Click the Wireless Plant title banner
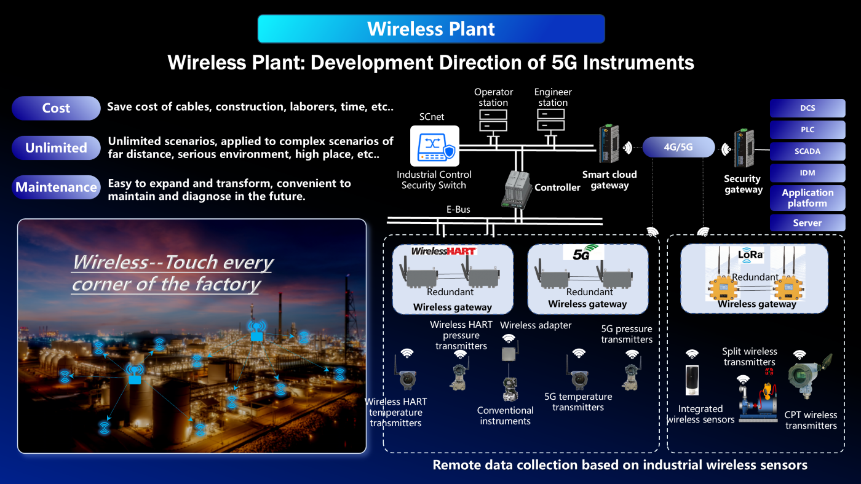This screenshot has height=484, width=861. (x=431, y=29)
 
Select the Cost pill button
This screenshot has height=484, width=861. (x=56, y=108)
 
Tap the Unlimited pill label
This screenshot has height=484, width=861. (x=56, y=148)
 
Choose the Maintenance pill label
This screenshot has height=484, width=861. (x=56, y=187)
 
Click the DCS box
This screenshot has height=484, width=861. (x=807, y=108)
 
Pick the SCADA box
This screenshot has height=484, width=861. (x=807, y=151)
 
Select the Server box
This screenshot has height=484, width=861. (x=807, y=223)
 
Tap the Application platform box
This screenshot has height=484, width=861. (x=807, y=198)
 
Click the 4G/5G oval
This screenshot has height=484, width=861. (x=678, y=147)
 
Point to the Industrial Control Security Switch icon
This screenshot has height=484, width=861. (x=435, y=146)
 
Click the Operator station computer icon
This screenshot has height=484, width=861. (x=493, y=125)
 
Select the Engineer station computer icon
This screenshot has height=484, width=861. (x=551, y=125)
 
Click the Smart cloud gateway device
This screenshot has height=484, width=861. (x=609, y=144)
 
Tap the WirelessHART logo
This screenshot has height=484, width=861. (x=444, y=252)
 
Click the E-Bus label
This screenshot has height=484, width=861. (x=458, y=210)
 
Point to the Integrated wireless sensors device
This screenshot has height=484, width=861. (x=692, y=380)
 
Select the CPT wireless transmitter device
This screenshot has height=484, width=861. (x=809, y=375)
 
